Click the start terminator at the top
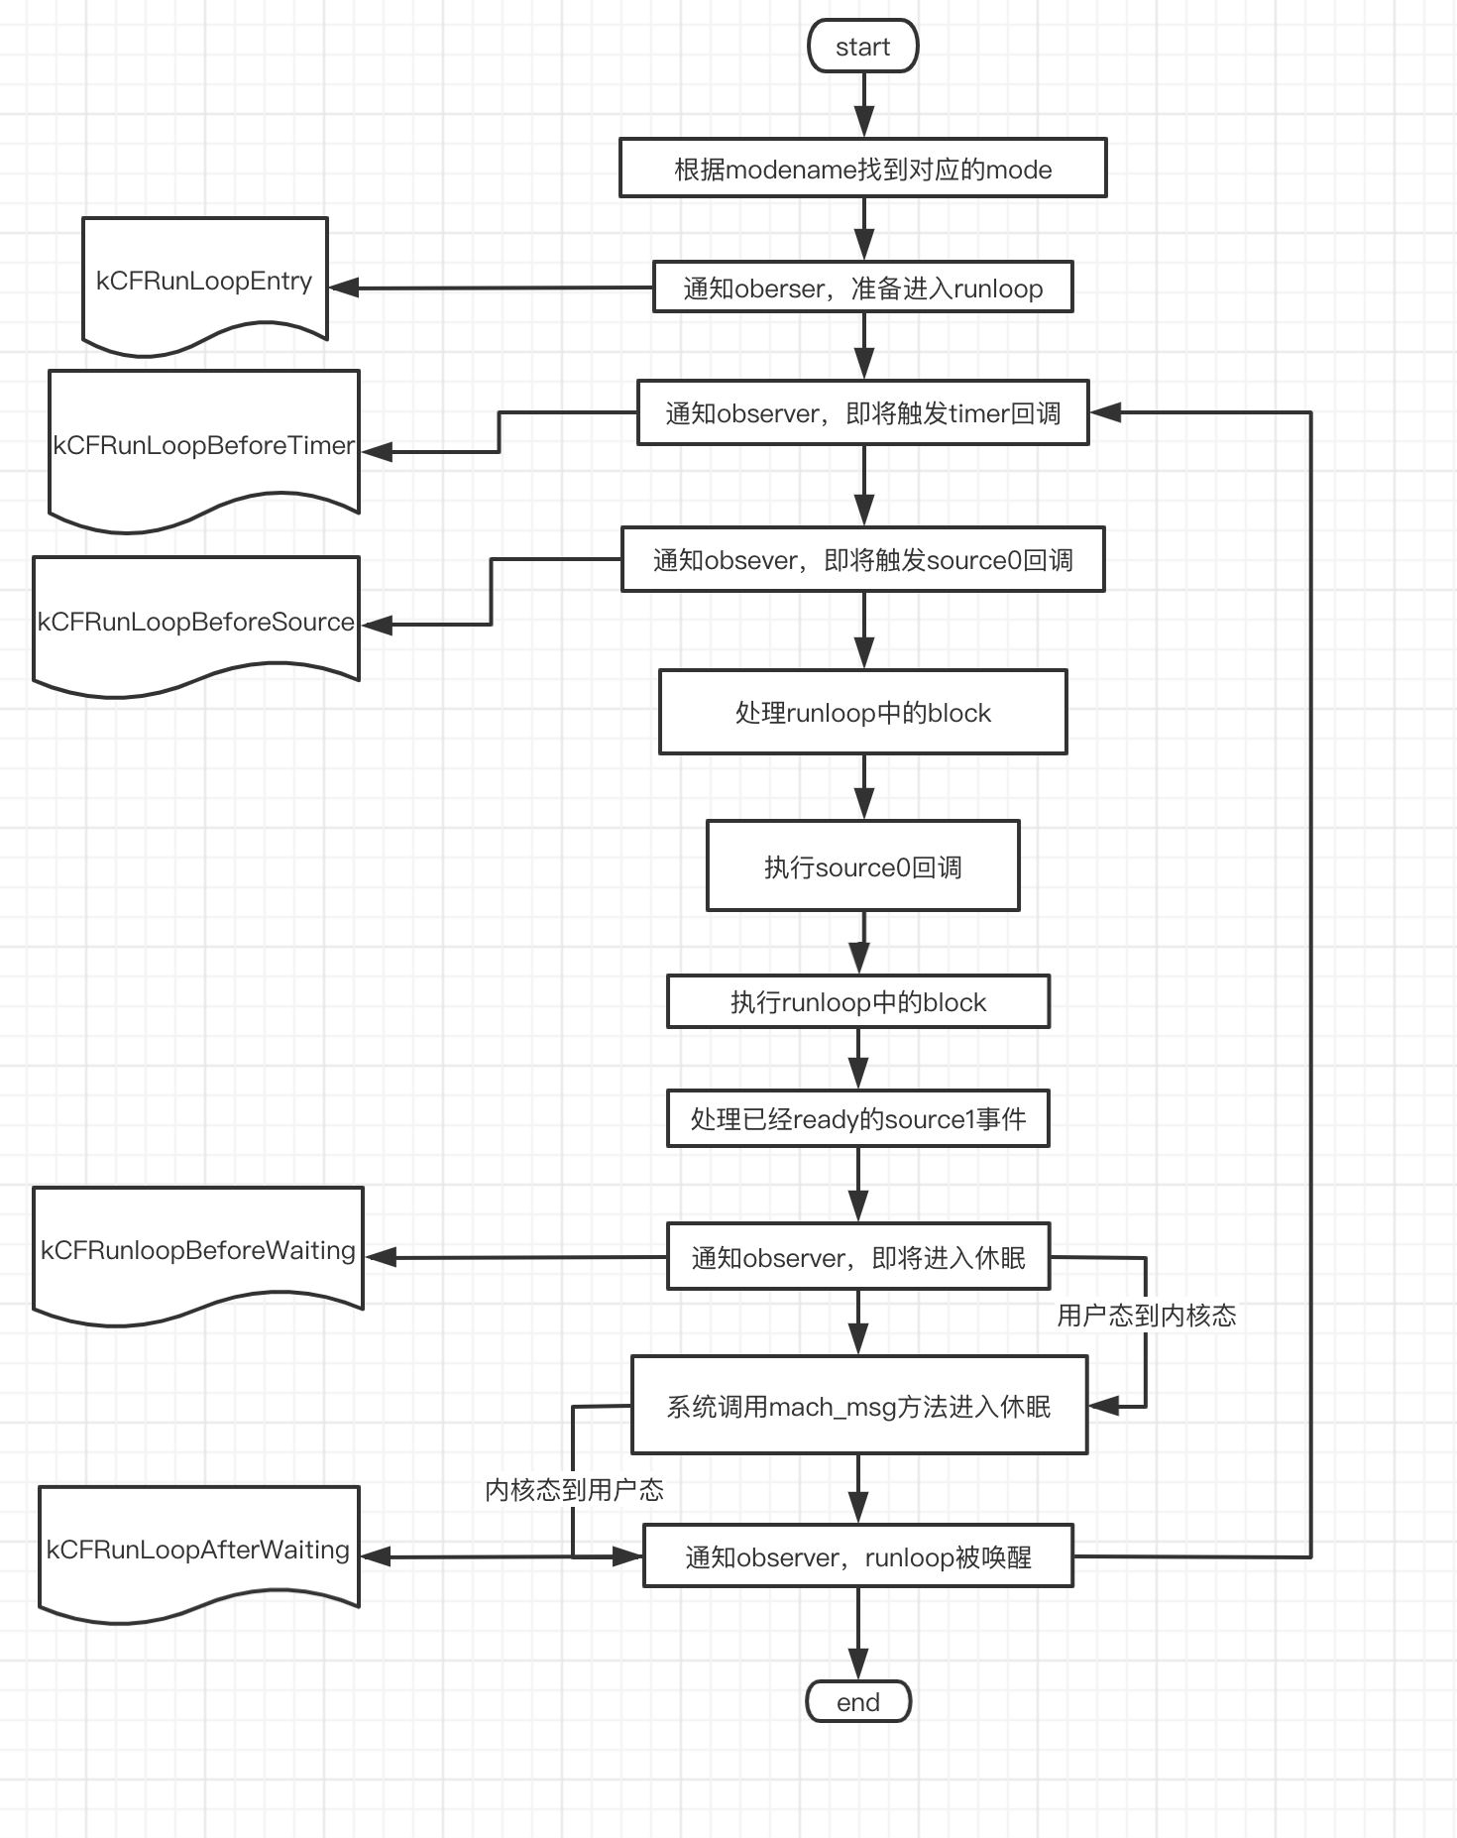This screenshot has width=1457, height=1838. (862, 47)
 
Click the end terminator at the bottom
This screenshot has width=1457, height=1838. (858, 1701)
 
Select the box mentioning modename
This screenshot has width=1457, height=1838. (862, 169)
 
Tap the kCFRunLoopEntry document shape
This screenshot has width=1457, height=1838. (204, 282)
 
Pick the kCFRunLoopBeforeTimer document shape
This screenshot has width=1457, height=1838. (204, 446)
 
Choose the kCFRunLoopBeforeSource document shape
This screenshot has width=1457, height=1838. (196, 622)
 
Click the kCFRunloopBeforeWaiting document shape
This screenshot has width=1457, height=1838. (198, 1251)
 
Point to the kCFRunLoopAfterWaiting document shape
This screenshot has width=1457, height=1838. (198, 1550)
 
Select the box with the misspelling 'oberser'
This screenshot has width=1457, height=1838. (862, 287)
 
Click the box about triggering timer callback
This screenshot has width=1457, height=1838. (862, 412)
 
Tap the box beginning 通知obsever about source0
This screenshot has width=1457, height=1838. (862, 559)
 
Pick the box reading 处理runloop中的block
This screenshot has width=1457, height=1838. (862, 712)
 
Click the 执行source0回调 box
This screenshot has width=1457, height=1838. (862, 865)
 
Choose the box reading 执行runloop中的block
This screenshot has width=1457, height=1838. (858, 1001)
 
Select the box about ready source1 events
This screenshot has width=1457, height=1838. (858, 1118)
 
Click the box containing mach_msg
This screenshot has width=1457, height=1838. (859, 1405)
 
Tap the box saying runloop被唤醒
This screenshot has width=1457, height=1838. (858, 1556)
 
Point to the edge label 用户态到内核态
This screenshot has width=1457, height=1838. (1147, 1316)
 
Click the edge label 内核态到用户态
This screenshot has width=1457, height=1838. (574, 1489)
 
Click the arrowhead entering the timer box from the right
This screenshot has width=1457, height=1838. (1104, 412)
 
